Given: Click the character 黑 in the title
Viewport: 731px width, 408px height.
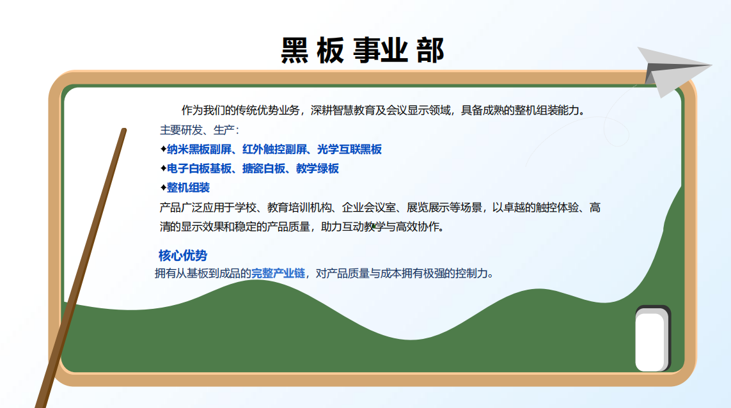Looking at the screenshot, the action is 295,51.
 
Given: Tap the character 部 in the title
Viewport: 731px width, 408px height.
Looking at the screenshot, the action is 430,51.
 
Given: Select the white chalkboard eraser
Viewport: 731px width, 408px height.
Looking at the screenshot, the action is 652,339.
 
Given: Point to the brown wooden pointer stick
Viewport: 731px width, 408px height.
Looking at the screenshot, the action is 81,268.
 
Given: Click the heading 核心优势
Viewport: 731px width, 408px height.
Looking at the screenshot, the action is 183,256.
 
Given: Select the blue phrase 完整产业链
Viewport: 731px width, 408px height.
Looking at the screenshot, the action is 278,273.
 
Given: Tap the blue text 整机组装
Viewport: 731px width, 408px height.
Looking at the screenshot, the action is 188,187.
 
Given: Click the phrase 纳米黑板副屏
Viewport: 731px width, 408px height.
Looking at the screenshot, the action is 199,149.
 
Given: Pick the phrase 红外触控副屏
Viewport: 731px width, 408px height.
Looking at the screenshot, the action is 274,149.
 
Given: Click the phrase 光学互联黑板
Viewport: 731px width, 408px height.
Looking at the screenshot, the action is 350,149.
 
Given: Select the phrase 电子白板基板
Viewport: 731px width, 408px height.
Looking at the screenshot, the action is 199,168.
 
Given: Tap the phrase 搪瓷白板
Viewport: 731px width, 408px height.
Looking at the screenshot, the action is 264,168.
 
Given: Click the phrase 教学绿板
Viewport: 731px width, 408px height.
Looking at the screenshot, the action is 317,168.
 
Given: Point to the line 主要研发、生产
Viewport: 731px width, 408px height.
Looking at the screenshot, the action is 199,130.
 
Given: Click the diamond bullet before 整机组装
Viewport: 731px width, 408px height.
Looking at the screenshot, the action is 163,187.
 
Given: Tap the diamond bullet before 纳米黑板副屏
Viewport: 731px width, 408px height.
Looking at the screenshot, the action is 163,149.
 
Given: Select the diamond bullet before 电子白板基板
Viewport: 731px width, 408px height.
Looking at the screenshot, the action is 163,168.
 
